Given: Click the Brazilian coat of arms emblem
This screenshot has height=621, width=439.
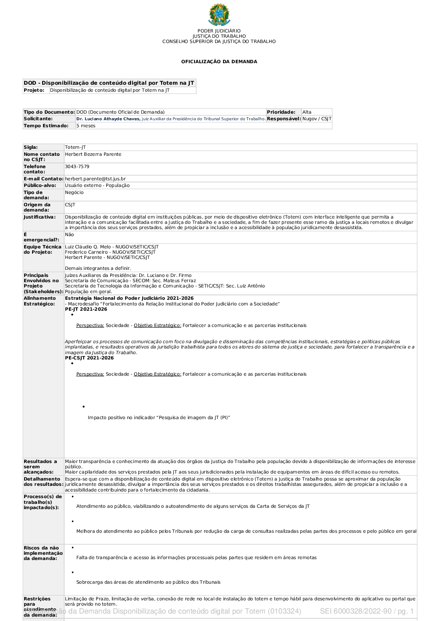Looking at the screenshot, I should [219, 15].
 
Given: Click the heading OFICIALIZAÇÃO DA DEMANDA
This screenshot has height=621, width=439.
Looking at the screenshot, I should [219, 62].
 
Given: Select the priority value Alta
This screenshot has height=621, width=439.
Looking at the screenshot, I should [307, 112].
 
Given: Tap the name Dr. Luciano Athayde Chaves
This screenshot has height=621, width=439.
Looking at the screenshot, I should [108, 119].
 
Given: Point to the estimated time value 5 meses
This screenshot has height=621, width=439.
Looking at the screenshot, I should [86, 126].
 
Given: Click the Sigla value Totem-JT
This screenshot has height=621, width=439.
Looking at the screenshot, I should [75, 147].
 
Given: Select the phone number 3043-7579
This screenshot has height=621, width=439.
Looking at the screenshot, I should [77, 167].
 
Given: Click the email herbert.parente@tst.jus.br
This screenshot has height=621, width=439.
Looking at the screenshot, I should [95, 179].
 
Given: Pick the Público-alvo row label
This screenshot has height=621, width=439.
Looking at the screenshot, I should [40, 186].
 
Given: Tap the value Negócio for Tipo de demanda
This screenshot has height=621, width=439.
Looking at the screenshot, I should [74, 193].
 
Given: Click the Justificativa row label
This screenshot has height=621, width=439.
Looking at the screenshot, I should [40, 217].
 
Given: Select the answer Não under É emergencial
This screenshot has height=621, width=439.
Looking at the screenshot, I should [69, 235].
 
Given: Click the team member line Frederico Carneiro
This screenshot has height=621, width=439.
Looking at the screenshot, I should [110, 252].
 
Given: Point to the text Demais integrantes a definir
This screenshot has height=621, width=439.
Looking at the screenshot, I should [98, 269].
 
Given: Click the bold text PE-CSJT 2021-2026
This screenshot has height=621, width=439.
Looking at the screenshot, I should [89, 358].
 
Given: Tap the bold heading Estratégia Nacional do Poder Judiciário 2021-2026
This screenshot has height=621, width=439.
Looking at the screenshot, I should [129, 298].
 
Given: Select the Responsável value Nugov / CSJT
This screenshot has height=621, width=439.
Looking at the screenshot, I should [317, 119].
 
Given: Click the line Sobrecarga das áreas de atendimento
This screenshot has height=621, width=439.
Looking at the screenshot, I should [148, 582].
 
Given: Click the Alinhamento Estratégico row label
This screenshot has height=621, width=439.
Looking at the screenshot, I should [40, 301].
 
